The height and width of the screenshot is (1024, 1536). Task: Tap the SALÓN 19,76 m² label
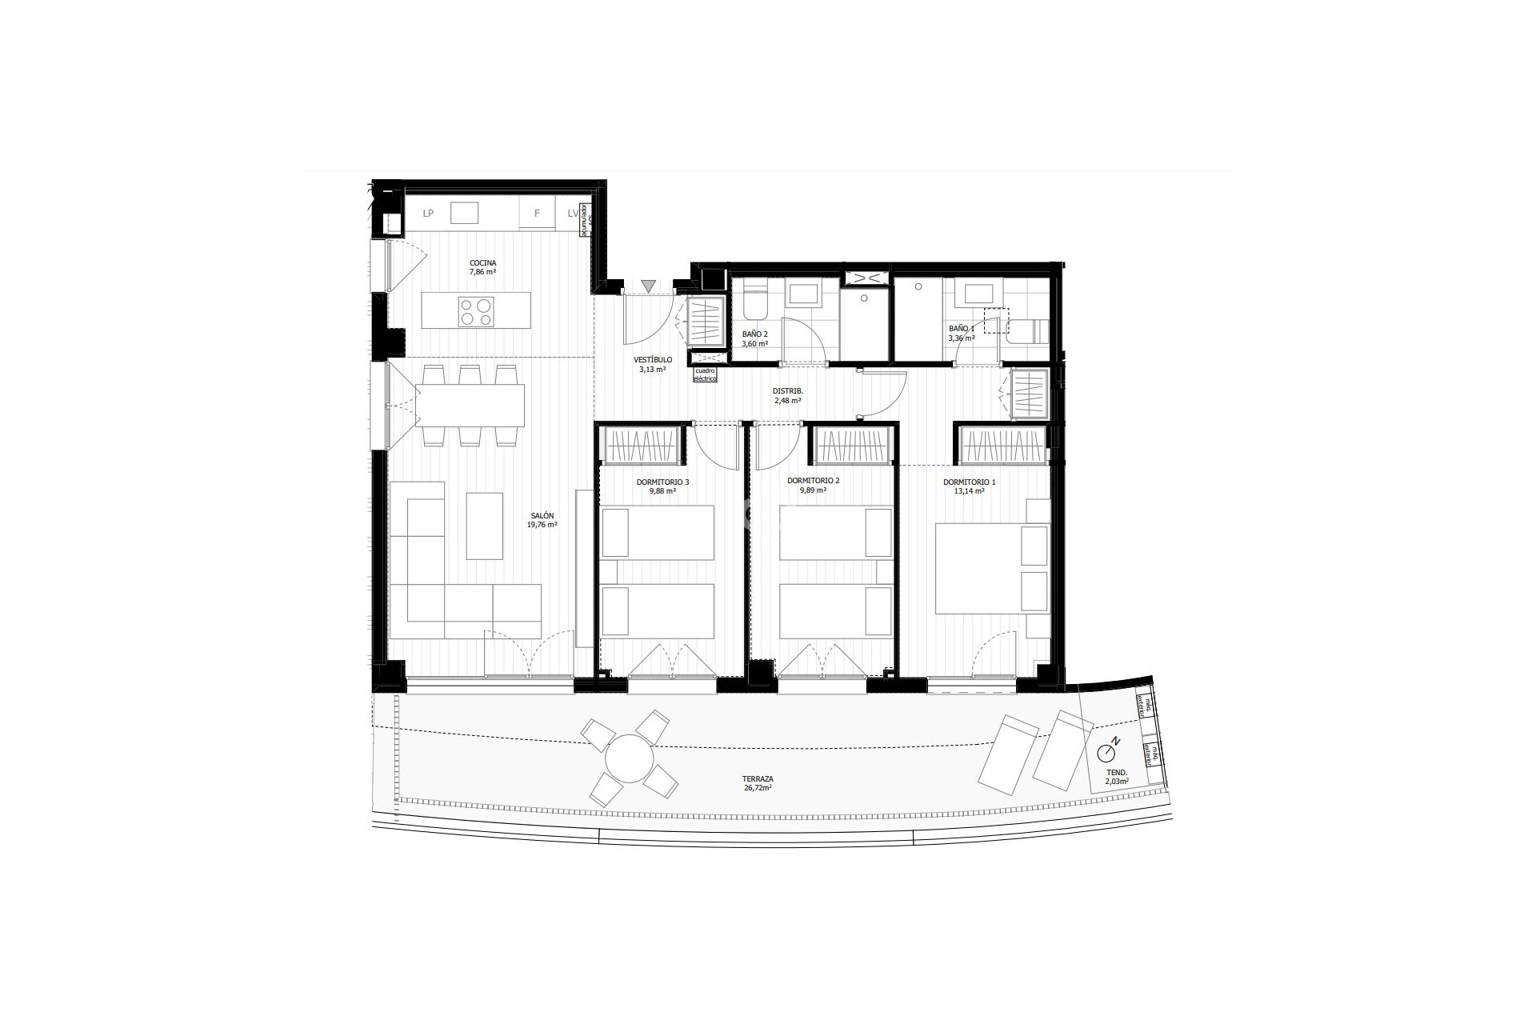[x=542, y=520]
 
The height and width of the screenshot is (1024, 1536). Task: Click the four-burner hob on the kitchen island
[x=476, y=311]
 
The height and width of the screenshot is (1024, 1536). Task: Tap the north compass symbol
[x=1108, y=751]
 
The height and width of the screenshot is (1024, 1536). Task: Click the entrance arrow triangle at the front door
[x=648, y=286]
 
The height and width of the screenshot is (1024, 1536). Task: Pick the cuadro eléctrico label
[x=705, y=374]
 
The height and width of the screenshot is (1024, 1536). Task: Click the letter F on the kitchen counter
[x=537, y=214]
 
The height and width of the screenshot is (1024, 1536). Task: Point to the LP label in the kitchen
[x=428, y=214]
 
